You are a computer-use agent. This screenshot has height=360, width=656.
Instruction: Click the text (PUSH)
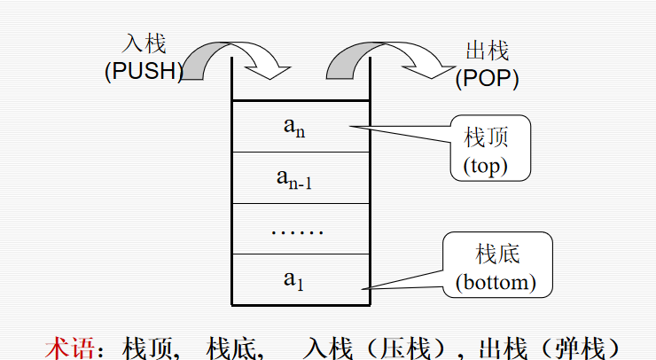[143, 73]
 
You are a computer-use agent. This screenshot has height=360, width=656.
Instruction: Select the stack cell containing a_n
[300, 126]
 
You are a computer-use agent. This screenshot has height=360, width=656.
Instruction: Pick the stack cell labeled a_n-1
[300, 177]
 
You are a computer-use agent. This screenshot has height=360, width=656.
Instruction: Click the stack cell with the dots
[300, 229]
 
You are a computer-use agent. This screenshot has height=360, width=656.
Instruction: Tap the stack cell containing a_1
[300, 279]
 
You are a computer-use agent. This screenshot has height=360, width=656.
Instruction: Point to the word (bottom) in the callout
[496, 283]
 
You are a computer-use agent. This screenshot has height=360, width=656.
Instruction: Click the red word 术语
[69, 346]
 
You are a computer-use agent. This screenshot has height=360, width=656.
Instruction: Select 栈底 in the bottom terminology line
[233, 346]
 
